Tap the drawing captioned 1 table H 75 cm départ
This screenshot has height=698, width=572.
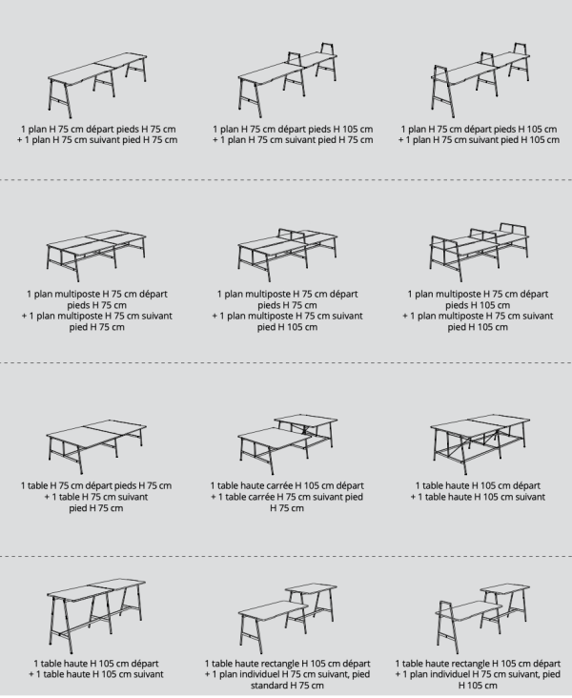click(95, 439)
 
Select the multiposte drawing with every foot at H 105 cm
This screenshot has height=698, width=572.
click(477, 248)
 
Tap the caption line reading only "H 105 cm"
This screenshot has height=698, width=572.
click(476, 685)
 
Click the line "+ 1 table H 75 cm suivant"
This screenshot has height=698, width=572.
click(96, 497)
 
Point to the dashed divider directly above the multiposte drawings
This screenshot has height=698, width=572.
click(286, 179)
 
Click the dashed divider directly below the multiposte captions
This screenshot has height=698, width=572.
click(286, 363)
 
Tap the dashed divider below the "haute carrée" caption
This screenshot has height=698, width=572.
click(286, 556)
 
